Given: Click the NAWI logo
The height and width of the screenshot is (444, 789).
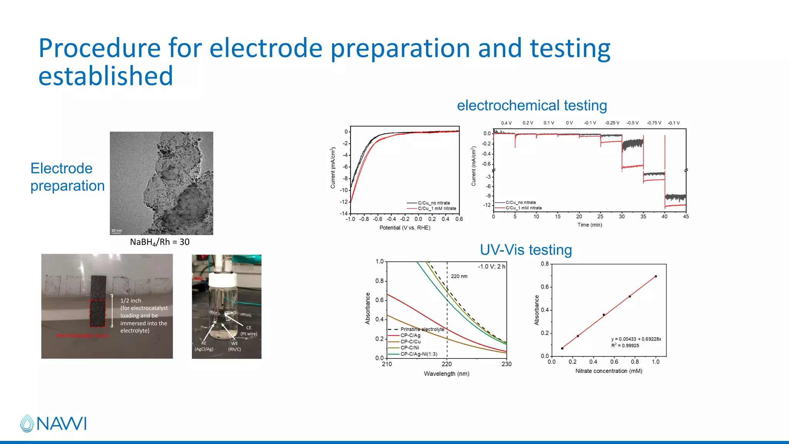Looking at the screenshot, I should click(x=54, y=423).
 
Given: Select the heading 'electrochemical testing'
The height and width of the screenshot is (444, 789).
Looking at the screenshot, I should click(x=532, y=105).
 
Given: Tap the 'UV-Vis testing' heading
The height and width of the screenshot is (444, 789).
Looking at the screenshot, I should click(x=525, y=250).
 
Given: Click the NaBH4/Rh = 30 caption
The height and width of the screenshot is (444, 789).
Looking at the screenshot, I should click(x=159, y=242).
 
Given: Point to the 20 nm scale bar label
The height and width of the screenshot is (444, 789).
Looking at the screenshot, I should click(x=116, y=230).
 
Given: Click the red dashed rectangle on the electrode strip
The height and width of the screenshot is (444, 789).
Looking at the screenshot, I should click(x=97, y=313).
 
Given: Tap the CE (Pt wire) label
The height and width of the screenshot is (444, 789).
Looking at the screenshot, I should click(x=249, y=331).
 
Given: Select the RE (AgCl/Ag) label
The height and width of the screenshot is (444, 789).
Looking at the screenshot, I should click(x=204, y=346).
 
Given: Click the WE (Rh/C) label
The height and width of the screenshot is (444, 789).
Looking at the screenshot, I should click(x=235, y=346).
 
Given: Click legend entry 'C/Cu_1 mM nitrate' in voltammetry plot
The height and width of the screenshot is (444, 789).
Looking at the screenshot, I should click(x=437, y=209).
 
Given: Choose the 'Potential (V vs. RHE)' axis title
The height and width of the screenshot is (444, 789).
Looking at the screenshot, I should click(x=405, y=228).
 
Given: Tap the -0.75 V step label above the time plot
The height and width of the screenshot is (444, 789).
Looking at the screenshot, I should click(x=654, y=123).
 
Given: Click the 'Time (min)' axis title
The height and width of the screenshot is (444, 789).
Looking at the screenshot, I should click(x=589, y=225).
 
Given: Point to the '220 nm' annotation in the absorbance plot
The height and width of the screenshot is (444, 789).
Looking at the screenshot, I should click(x=459, y=276).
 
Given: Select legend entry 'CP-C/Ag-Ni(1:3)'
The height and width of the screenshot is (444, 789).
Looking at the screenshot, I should click(x=419, y=354).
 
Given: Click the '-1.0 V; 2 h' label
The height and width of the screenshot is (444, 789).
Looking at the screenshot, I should click(x=492, y=267).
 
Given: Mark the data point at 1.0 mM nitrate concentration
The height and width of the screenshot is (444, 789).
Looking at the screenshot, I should click(x=656, y=276).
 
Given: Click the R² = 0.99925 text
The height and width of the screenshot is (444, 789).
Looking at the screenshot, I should click(x=625, y=345).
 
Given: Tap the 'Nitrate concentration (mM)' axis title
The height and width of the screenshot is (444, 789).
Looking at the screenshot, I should click(x=609, y=371).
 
